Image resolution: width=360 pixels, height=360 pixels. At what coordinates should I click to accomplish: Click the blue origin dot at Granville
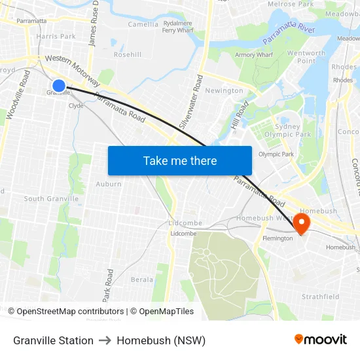[x=58, y=85]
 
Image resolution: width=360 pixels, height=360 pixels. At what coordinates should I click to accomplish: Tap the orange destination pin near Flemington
[x=302, y=223]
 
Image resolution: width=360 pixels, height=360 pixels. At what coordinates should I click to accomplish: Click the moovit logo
[x=321, y=340]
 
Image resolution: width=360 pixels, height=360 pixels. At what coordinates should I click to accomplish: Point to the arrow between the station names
[x=105, y=340]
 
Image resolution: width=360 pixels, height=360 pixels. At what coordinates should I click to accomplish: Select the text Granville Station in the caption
[x=53, y=340]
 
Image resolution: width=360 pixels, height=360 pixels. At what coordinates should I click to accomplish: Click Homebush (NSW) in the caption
[x=161, y=340]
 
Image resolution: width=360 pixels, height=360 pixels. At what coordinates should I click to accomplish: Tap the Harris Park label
[x=56, y=37]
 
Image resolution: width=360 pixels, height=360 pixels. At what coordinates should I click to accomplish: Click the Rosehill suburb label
[x=128, y=54]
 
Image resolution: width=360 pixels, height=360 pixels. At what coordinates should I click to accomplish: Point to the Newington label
[x=225, y=91]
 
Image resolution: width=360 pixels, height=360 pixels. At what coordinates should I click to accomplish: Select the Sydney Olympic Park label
[x=283, y=130]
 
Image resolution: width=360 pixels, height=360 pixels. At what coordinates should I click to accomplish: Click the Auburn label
[x=109, y=184]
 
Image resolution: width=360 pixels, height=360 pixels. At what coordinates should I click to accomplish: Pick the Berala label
[x=142, y=279]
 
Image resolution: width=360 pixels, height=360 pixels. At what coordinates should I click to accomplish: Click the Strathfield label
[x=321, y=297]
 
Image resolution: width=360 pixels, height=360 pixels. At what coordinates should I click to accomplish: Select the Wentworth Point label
[x=306, y=57]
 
